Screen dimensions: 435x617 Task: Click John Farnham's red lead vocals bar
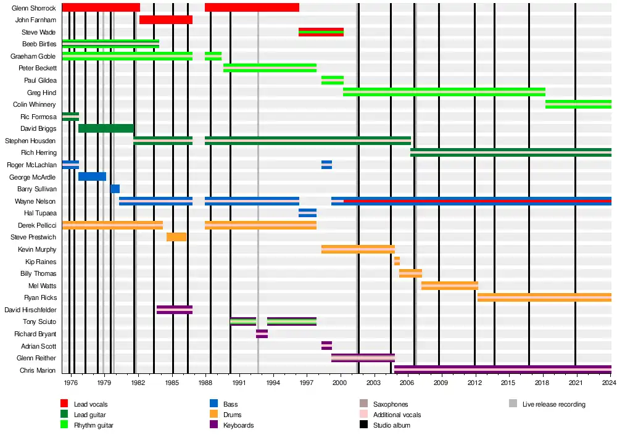point(165,20)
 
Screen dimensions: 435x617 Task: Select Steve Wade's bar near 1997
point(321,32)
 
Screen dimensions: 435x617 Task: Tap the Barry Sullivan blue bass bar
point(115,189)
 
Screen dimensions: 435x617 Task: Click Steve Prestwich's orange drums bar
point(176,237)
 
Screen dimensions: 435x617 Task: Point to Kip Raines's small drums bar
point(397,261)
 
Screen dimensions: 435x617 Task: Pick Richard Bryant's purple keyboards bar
point(262,334)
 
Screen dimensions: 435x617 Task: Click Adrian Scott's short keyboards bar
point(326,346)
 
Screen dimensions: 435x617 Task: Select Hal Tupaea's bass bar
point(307,213)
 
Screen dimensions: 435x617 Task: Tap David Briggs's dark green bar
point(106,128)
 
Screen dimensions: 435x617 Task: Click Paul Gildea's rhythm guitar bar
point(332,80)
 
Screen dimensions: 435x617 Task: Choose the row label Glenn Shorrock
point(34,8)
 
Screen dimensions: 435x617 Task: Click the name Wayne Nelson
point(35,201)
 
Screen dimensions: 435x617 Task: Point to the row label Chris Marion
point(38,370)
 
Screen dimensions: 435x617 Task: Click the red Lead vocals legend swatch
point(64,404)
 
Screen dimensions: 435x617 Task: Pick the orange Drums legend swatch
point(213,415)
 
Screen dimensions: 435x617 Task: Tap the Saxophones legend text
point(391,404)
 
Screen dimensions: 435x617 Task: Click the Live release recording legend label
point(553,404)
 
